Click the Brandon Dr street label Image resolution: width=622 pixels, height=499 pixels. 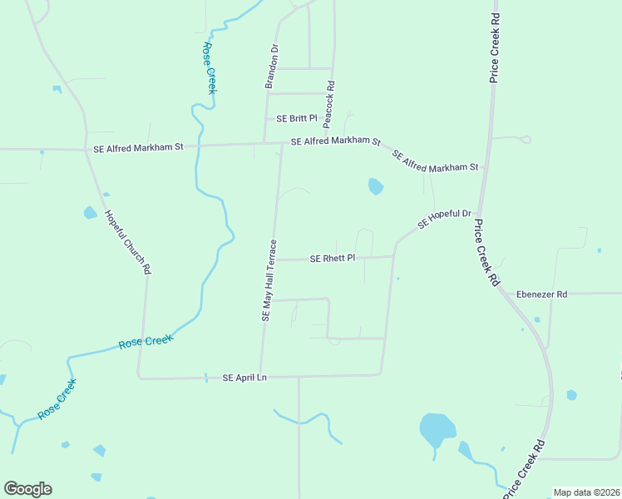pos(270,67)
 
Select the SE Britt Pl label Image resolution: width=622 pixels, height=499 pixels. pos(286,118)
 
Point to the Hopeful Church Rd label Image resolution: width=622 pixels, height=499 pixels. pos(127,241)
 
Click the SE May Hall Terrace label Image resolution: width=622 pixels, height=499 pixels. pos(269,280)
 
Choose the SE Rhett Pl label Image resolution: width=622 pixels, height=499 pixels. pos(333,259)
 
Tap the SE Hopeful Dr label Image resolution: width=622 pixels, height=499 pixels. pos(444,219)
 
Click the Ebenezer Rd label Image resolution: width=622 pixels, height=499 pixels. pos(541,294)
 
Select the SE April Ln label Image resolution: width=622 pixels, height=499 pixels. pos(244,378)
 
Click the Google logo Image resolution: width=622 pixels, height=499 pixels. pos(27,489)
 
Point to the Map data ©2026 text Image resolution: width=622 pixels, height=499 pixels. pos(585,492)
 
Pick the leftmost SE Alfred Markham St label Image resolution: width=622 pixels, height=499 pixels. pos(135,147)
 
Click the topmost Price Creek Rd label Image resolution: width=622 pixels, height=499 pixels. pos(495,47)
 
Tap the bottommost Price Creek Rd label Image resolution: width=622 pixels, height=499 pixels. pos(524,468)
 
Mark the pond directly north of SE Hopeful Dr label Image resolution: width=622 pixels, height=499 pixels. pos(376,186)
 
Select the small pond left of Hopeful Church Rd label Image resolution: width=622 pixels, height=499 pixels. pos(90,213)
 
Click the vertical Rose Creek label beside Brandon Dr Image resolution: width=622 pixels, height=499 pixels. pos(208,68)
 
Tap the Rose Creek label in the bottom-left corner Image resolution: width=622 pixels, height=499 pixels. pos(57,399)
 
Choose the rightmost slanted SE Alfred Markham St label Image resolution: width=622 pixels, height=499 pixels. pos(435,161)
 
